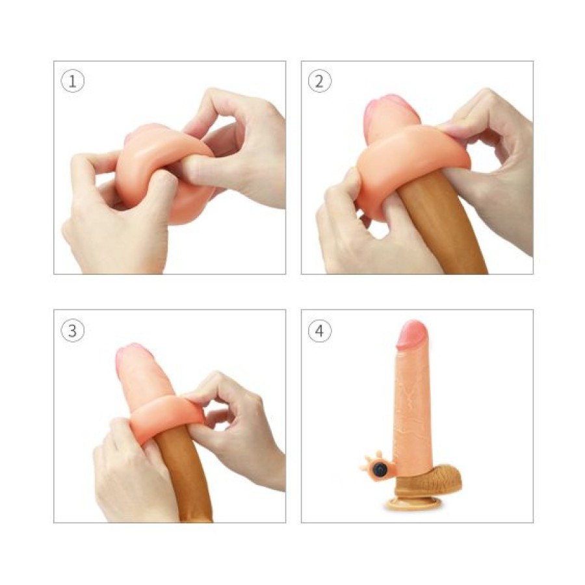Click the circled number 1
click(73, 81)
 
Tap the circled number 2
click(320, 81)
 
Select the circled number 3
click(73, 330)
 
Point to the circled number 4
click(320, 330)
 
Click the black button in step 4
click(380, 469)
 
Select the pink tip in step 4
click(411, 334)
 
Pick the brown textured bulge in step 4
click(442, 478)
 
